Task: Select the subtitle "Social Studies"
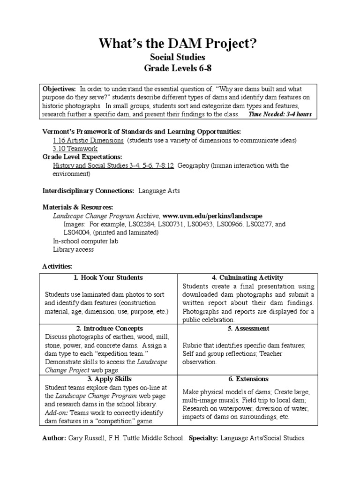(x=177, y=57)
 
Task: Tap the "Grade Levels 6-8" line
(x=177, y=68)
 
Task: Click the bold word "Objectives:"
(x=59, y=89)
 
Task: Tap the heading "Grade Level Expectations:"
(x=82, y=157)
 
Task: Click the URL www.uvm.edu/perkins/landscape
(x=212, y=216)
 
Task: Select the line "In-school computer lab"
(x=85, y=241)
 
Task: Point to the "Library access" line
(x=73, y=249)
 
